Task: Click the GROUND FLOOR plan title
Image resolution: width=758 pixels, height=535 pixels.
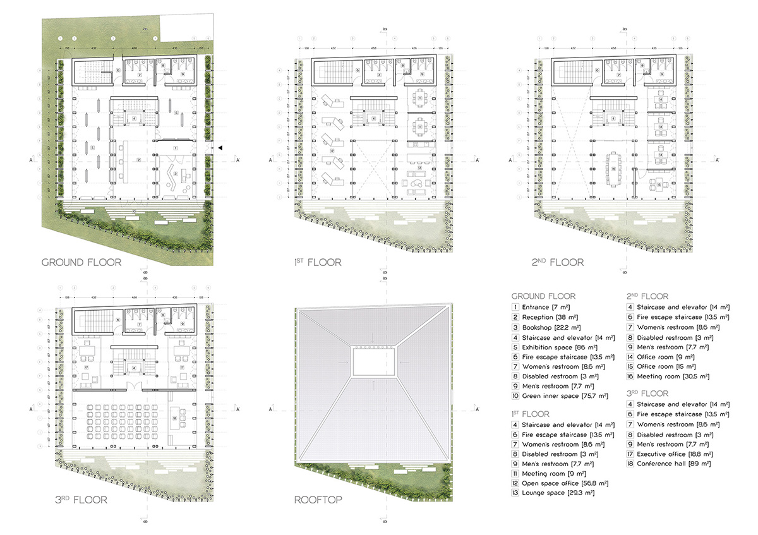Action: point(81,262)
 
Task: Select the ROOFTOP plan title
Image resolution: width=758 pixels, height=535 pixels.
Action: point(318,500)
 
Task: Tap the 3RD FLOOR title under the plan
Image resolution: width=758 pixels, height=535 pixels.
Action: point(81,500)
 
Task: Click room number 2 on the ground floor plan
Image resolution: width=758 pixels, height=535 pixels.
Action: point(138,160)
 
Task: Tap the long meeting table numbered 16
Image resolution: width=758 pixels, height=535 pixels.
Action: point(613,169)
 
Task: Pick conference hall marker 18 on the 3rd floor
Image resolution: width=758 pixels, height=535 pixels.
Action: point(174,419)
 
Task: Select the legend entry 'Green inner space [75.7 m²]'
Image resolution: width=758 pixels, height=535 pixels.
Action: point(556,396)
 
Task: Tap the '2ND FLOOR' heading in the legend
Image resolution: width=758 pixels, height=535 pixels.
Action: point(647,296)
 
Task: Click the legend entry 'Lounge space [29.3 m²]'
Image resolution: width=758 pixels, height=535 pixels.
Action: point(551,493)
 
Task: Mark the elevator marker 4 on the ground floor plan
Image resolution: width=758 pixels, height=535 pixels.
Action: point(133,119)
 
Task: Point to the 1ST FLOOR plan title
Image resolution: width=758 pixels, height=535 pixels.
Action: point(318,262)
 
